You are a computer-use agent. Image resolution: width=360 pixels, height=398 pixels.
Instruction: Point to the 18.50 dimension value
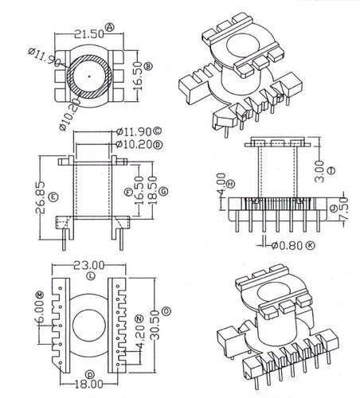click(x=152, y=188)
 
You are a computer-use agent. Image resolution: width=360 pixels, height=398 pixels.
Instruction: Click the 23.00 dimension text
click(x=88, y=265)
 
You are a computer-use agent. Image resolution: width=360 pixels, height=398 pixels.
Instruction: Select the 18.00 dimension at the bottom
click(x=88, y=384)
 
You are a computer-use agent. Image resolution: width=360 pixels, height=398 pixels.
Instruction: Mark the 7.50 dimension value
click(x=344, y=209)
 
